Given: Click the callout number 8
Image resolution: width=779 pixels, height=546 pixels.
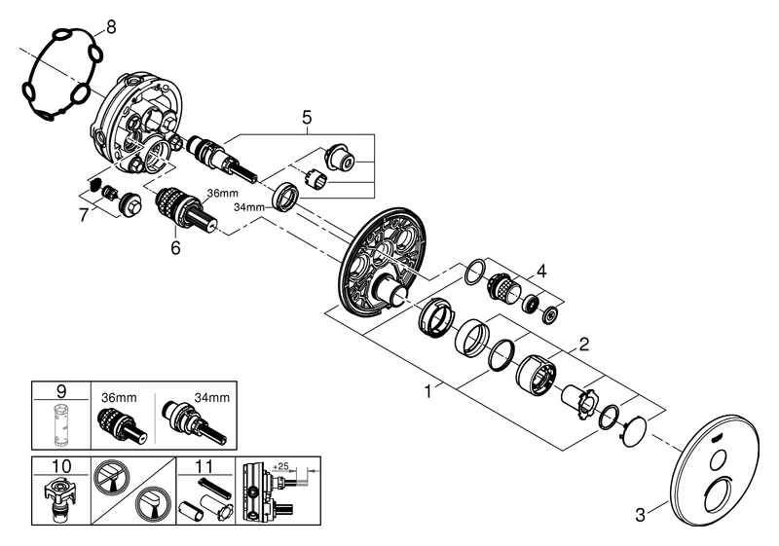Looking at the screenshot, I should coord(110,28).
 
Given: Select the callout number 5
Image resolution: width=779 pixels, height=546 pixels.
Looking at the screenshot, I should coord(307,119).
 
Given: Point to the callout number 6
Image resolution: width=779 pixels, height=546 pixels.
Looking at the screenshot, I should coord(176,248).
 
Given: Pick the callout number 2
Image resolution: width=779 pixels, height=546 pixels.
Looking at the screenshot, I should coord(584,344).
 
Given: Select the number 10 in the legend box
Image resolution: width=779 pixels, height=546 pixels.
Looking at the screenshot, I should coord(60,466).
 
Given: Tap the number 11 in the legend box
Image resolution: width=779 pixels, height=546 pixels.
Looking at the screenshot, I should coord(205,466).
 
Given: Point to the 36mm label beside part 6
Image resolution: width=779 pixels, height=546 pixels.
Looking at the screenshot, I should coord(220,193).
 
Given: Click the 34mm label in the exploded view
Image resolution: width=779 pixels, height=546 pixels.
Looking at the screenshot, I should coord(250,206).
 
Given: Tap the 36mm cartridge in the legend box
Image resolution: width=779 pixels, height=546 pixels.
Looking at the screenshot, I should coord(121,422).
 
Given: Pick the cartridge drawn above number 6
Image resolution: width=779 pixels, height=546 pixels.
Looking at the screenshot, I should coord(184,209).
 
